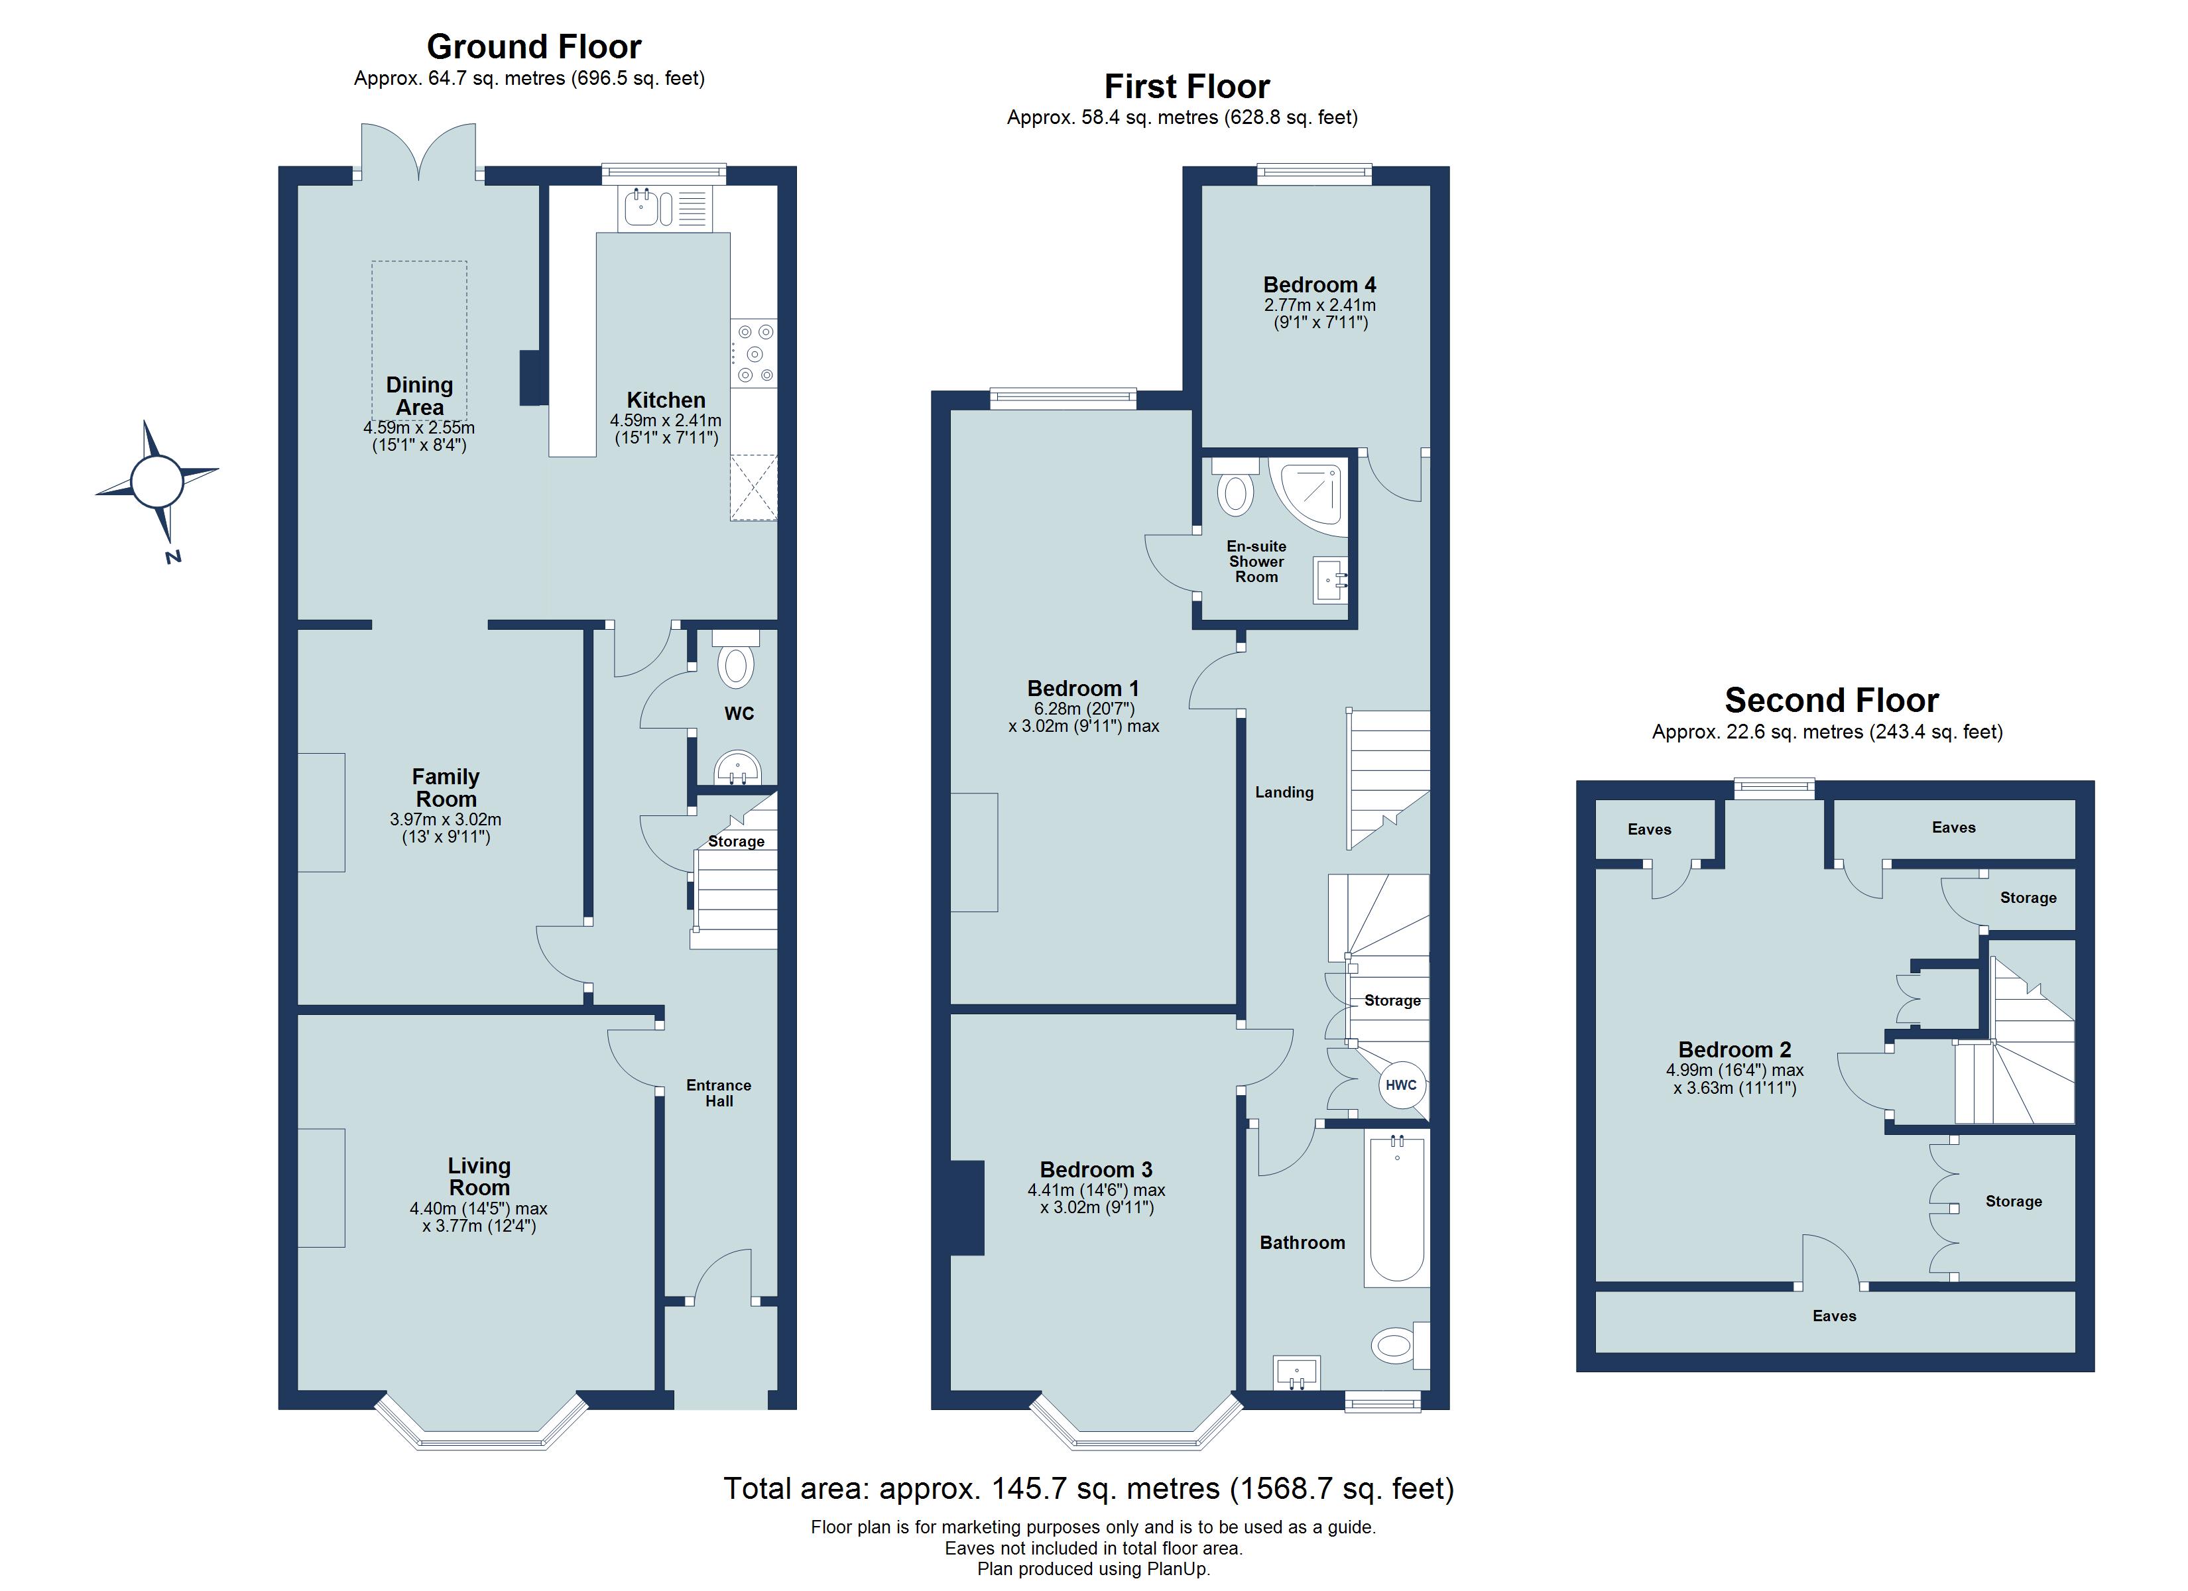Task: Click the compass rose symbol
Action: click(156, 481)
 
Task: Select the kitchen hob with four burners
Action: click(753, 354)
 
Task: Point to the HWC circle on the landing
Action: click(1401, 1085)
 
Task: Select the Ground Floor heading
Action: click(534, 46)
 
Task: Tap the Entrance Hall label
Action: click(719, 1092)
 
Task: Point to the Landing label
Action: click(1284, 792)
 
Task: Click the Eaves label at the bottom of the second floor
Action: click(1834, 1316)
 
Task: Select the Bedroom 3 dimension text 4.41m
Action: click(1051, 1190)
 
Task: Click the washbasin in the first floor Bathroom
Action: click(1297, 1371)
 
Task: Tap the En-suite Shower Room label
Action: click(1256, 561)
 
